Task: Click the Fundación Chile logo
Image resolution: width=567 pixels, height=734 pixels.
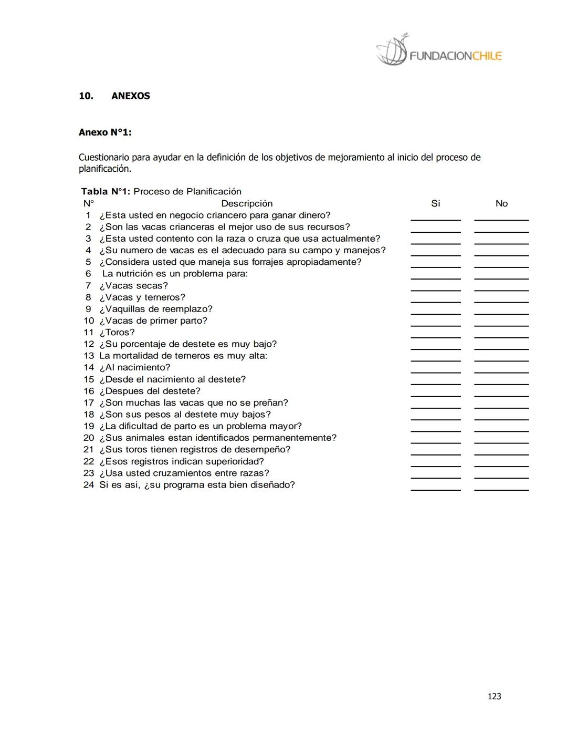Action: (439, 51)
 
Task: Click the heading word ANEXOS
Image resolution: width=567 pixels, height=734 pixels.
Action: (131, 96)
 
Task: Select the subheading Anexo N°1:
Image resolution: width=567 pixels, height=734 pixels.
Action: (105, 132)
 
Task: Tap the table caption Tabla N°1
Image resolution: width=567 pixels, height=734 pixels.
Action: (106, 192)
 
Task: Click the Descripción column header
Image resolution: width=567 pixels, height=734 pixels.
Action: (247, 204)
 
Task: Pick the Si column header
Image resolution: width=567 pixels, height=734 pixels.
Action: (435, 204)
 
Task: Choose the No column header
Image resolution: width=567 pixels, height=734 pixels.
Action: (501, 204)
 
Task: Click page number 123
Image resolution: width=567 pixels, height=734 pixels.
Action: (494, 696)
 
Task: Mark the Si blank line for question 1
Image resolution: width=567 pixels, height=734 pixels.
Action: (435, 219)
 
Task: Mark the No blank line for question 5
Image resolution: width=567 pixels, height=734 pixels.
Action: (501, 266)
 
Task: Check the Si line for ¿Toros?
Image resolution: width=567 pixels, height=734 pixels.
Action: (435, 336)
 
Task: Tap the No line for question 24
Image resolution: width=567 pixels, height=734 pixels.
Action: (501, 489)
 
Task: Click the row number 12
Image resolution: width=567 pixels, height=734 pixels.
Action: (89, 344)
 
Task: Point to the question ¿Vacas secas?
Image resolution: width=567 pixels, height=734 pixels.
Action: (134, 286)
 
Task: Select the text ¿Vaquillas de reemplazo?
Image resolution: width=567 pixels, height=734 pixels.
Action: (156, 309)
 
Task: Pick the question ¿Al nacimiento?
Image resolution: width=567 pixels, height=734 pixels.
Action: (135, 368)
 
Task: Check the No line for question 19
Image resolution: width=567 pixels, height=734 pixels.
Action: (501, 430)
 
